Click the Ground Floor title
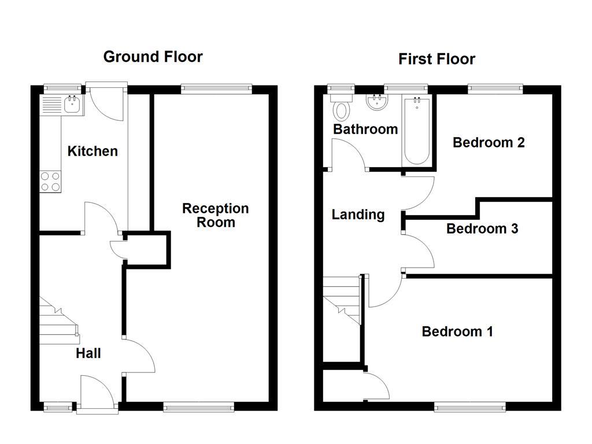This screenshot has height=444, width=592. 153,57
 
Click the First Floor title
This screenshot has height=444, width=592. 436,59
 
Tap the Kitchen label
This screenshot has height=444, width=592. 92,151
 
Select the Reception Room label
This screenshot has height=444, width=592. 216,215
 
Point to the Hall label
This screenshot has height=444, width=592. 88,353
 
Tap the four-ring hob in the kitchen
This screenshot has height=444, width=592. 50,182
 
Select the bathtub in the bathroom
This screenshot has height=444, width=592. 416,132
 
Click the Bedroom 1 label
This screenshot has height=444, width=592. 457,332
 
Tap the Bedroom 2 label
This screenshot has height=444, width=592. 489,142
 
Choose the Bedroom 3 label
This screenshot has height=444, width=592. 482,229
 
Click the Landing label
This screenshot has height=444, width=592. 358,215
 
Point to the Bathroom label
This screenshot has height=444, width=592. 365,129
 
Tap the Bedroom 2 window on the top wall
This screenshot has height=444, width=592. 495,88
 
